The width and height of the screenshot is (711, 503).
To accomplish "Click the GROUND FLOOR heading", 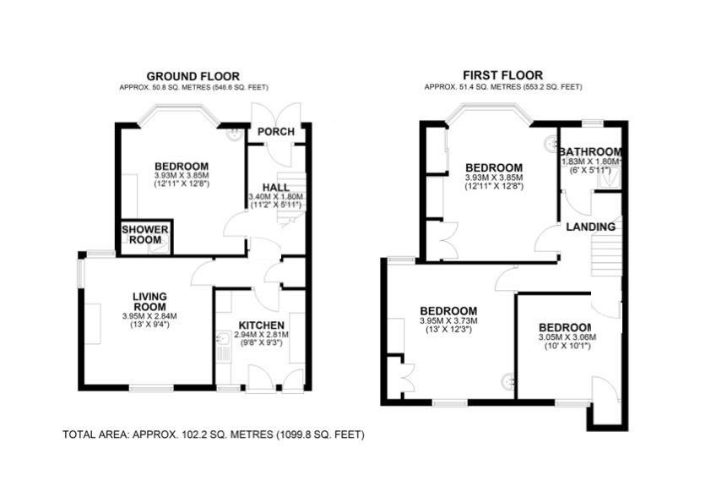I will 193,76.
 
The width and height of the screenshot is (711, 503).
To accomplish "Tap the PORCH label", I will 275,132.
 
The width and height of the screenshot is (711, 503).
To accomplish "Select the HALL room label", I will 275,188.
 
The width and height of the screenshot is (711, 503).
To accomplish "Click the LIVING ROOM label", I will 149,302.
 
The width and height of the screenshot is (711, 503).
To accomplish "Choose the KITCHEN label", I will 261,325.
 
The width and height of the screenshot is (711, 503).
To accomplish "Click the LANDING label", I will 590,227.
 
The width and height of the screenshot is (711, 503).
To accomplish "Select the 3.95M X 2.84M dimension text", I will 149,316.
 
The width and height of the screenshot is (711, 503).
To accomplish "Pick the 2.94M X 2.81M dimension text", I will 261,335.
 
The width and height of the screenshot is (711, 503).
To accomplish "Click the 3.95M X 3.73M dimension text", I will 448,320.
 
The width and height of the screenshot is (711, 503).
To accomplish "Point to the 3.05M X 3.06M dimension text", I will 567,337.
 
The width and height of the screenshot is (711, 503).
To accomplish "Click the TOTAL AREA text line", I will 214,435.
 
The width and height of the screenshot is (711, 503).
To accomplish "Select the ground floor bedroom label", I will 181,166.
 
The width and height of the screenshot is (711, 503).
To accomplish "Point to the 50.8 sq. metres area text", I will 193,87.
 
